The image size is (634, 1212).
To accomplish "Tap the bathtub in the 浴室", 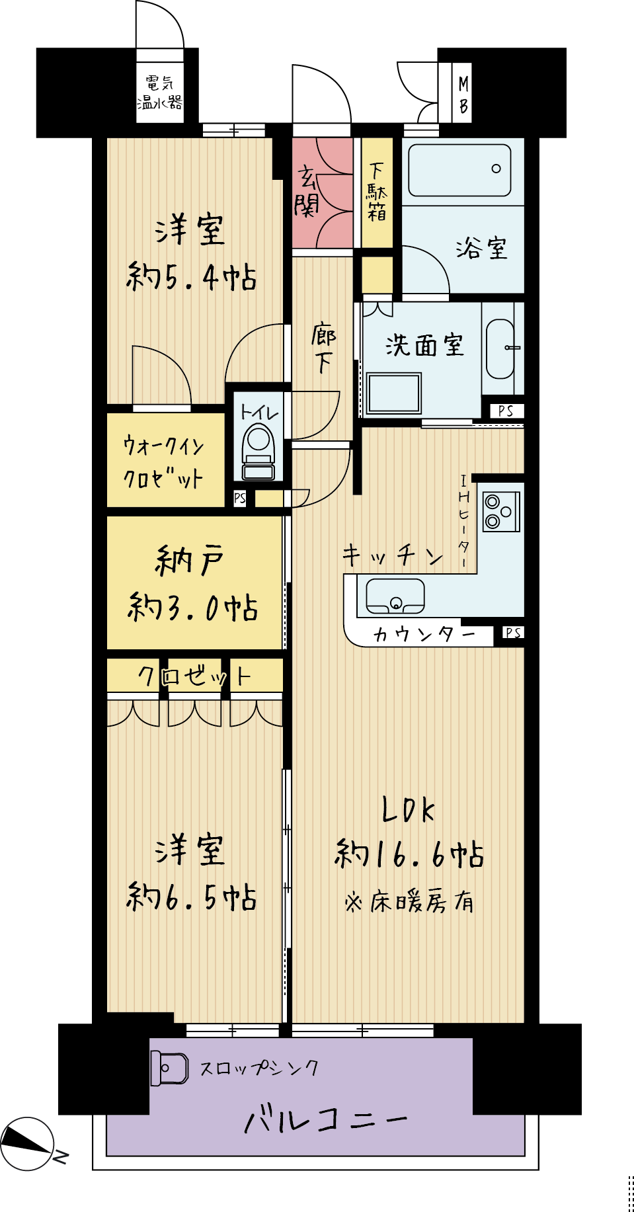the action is click(459, 170).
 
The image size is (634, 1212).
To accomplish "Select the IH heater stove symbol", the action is click(501, 511).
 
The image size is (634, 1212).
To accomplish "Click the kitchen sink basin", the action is click(395, 596).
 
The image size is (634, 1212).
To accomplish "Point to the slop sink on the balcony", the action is click(170, 1068).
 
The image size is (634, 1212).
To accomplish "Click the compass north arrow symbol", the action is click(27, 1143).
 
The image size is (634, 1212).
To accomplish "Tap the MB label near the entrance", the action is click(463, 95).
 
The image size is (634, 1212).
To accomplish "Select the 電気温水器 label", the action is click(159, 93).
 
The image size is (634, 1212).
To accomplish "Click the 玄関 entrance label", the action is click(307, 191).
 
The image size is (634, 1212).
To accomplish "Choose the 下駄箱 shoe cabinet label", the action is click(377, 192).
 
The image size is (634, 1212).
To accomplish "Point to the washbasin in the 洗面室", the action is click(500, 348).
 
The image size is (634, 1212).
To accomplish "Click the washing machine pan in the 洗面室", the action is click(394, 393).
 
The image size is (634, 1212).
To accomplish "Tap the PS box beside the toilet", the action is click(240, 498).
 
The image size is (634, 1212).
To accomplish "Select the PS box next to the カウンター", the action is click(513, 633).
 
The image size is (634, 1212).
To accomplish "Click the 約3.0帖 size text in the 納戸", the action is click(192, 607).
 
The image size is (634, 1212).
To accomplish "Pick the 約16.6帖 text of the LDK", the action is click(409, 854).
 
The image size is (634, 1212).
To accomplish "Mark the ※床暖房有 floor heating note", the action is click(409, 901).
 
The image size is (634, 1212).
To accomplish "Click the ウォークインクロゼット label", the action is click(163, 462).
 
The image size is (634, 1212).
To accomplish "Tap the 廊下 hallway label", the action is click(323, 348).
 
